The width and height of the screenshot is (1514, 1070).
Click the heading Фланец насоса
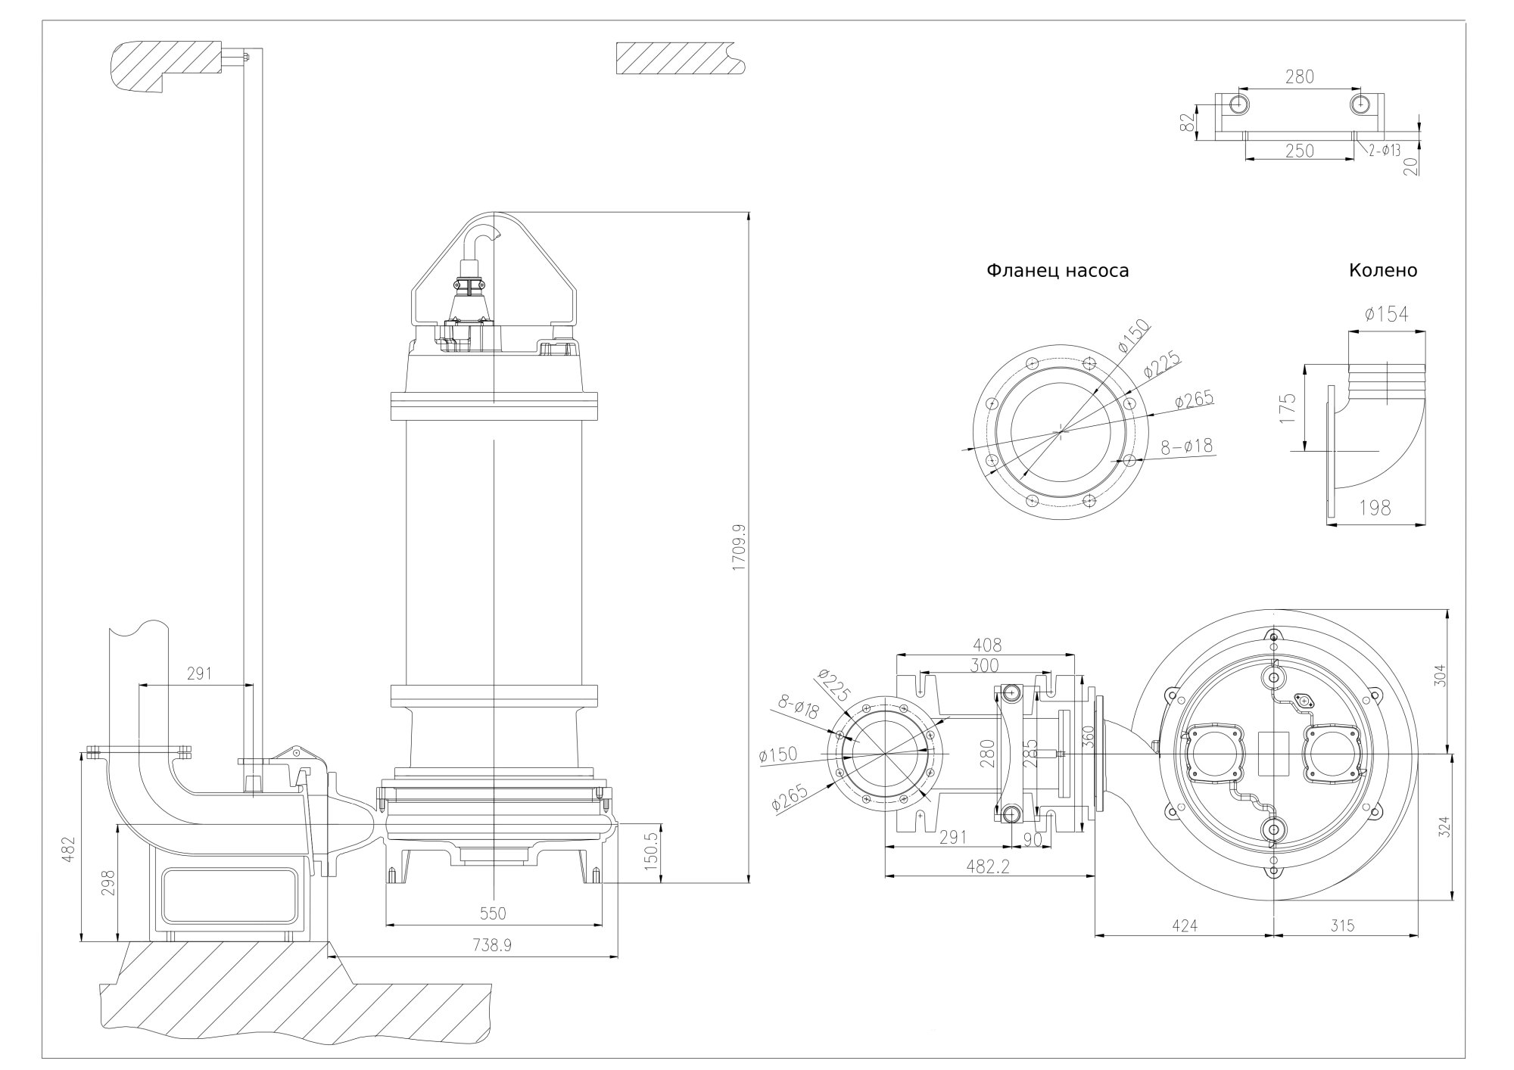point(1057,271)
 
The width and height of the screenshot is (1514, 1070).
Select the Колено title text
point(1382,270)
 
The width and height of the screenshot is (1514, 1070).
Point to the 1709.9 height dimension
point(739,546)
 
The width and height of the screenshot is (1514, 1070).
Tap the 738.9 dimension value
point(493,945)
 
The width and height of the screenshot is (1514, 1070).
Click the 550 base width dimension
point(493,913)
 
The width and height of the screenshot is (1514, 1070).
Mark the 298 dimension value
point(108,882)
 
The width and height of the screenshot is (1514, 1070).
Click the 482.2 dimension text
point(989,866)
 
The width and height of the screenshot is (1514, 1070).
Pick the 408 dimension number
point(986,645)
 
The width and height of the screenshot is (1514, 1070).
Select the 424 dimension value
point(1185,925)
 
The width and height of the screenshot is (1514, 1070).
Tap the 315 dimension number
point(1341,925)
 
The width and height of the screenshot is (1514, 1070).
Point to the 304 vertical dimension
point(1440,675)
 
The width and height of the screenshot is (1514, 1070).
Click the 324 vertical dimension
point(1444,826)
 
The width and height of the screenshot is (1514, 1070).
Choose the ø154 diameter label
point(1386,315)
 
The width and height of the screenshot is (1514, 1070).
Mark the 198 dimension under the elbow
point(1375,508)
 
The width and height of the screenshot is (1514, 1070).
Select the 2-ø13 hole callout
point(1384,151)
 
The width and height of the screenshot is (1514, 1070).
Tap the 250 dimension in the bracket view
point(1299,151)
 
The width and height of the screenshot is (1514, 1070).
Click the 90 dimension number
point(1031,839)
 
